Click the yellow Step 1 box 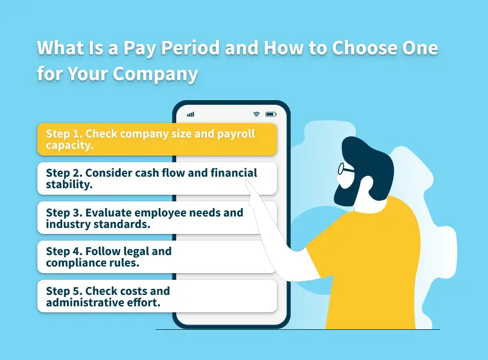click(x=157, y=139)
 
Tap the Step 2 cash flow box click(x=157, y=178)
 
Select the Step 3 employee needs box click(x=157, y=218)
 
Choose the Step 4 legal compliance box click(x=157, y=257)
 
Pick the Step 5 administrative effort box click(x=157, y=296)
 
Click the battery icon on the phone click(x=271, y=114)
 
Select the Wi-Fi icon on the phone click(x=256, y=114)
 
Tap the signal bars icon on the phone click(x=191, y=114)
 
